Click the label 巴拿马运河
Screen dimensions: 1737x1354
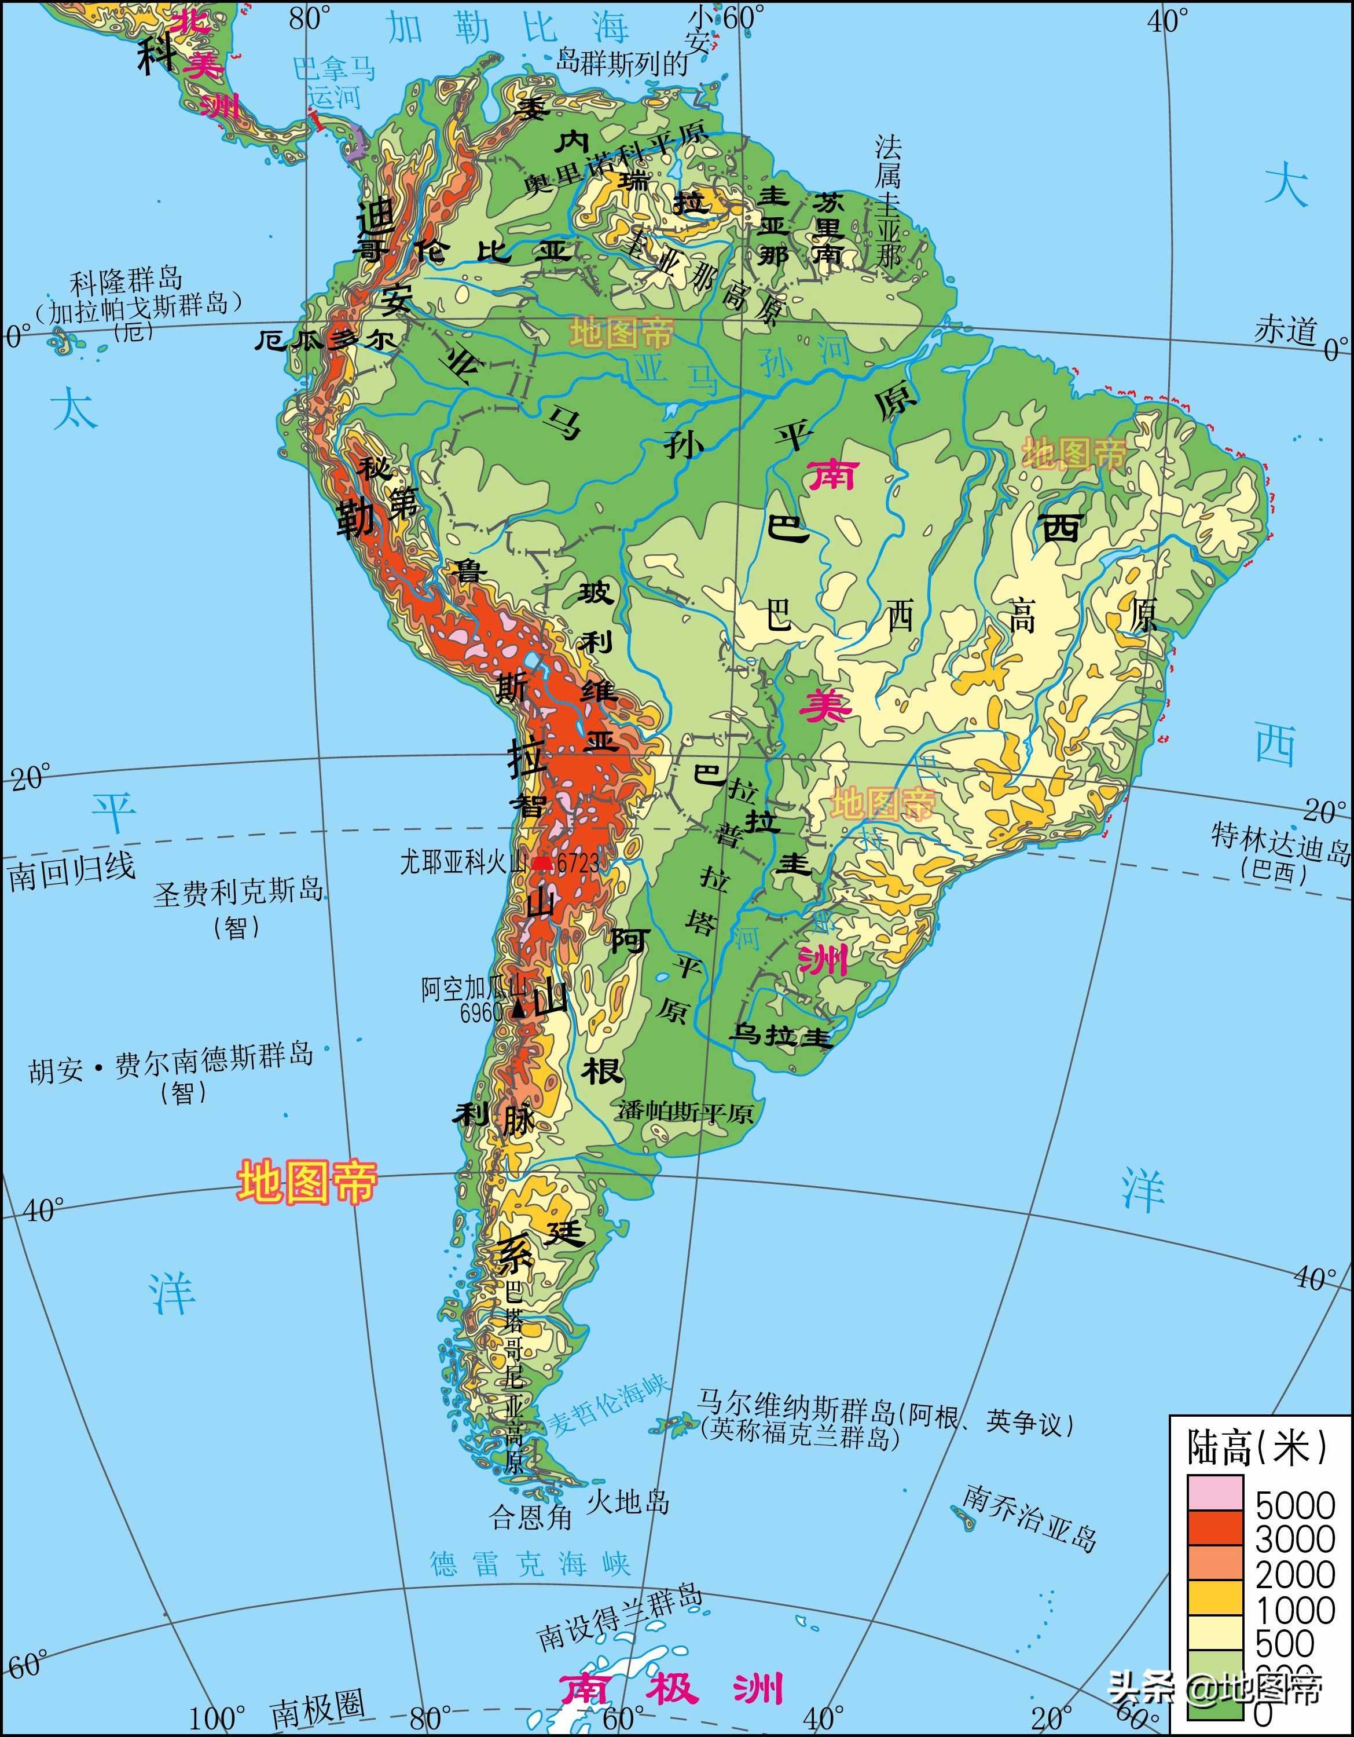pyautogui.click(x=334, y=82)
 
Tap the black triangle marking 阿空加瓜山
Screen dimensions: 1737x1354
pyautogui.click(x=518, y=1010)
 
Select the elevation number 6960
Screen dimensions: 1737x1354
pyautogui.click(x=481, y=1012)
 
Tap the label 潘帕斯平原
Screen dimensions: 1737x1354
pyautogui.click(x=685, y=1112)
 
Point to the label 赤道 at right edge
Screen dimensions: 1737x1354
pyautogui.click(x=1285, y=329)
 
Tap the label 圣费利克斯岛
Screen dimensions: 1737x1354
pyautogui.click(x=238, y=893)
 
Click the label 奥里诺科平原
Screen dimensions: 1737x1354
pyautogui.click(x=614, y=158)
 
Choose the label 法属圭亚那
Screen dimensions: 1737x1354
pyautogui.click(x=888, y=199)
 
